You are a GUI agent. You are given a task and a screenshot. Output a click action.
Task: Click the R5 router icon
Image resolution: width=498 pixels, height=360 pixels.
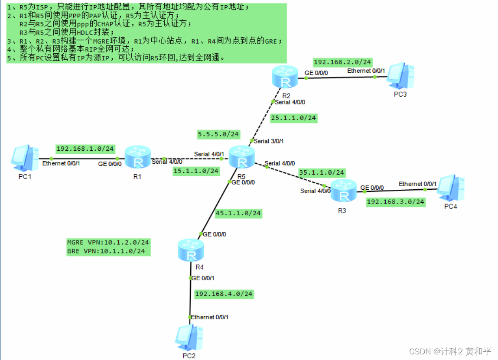[242, 157]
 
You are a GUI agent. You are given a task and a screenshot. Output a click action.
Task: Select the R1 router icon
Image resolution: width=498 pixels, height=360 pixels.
[138, 158]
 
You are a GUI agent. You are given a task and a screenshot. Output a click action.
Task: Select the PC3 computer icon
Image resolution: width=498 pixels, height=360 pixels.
[400, 77]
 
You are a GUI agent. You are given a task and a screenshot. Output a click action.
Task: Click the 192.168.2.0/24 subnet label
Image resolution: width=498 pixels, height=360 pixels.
[342, 62]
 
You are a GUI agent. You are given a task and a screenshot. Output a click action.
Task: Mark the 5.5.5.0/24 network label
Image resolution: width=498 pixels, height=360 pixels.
[218, 134]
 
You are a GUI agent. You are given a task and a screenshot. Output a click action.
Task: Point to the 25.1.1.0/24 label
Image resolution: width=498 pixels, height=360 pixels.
[293, 118]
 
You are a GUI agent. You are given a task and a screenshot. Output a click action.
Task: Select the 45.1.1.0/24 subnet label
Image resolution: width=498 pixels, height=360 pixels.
[238, 213]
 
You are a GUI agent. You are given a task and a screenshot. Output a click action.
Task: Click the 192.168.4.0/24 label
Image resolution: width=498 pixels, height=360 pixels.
[224, 294]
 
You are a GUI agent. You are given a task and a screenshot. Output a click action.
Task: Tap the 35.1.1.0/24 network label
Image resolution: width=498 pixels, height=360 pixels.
[321, 172]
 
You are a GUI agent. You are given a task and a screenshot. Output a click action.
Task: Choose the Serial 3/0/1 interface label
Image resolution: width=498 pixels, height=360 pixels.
[269, 141]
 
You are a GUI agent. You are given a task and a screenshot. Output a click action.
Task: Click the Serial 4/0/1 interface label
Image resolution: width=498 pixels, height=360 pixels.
[209, 154]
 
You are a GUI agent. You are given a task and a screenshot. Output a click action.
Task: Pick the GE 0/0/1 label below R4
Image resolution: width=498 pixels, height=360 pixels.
[203, 278]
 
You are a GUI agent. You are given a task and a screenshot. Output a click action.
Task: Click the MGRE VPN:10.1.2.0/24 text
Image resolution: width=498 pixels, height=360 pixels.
[108, 242]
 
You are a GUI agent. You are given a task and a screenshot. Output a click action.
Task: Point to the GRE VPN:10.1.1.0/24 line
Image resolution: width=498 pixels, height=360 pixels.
[106, 251]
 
